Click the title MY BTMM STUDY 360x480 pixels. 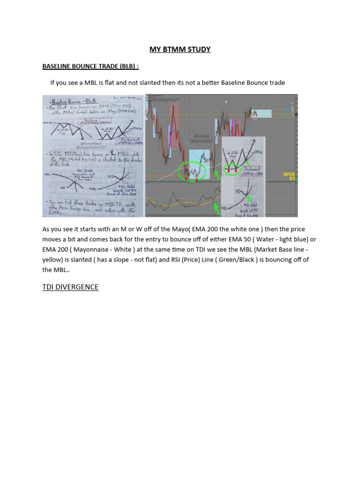[x=180, y=49]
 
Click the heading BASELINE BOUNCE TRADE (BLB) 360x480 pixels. [x=90, y=67]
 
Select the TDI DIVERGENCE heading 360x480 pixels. [x=70, y=287]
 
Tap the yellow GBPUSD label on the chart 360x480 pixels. [x=289, y=174]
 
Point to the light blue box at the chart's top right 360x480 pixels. [x=261, y=113]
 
